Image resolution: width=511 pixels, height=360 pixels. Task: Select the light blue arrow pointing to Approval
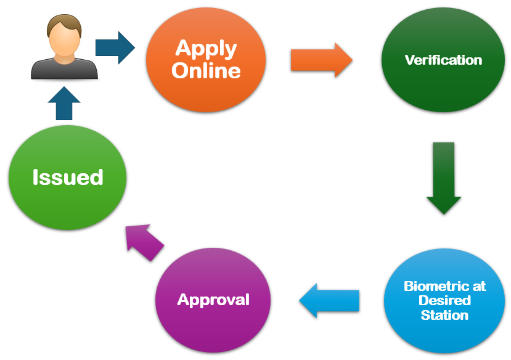pyautogui.click(x=329, y=300)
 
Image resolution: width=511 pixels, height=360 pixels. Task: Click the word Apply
pyautogui.click(x=206, y=48)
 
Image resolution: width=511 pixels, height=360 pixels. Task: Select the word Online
pyautogui.click(x=206, y=70)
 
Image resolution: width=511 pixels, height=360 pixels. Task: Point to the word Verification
pyautogui.click(x=443, y=60)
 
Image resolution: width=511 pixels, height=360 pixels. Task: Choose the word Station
pyautogui.click(x=444, y=315)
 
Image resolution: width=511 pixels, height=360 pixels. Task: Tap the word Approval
pyautogui.click(x=213, y=300)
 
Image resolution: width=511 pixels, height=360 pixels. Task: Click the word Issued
pyautogui.click(x=68, y=178)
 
